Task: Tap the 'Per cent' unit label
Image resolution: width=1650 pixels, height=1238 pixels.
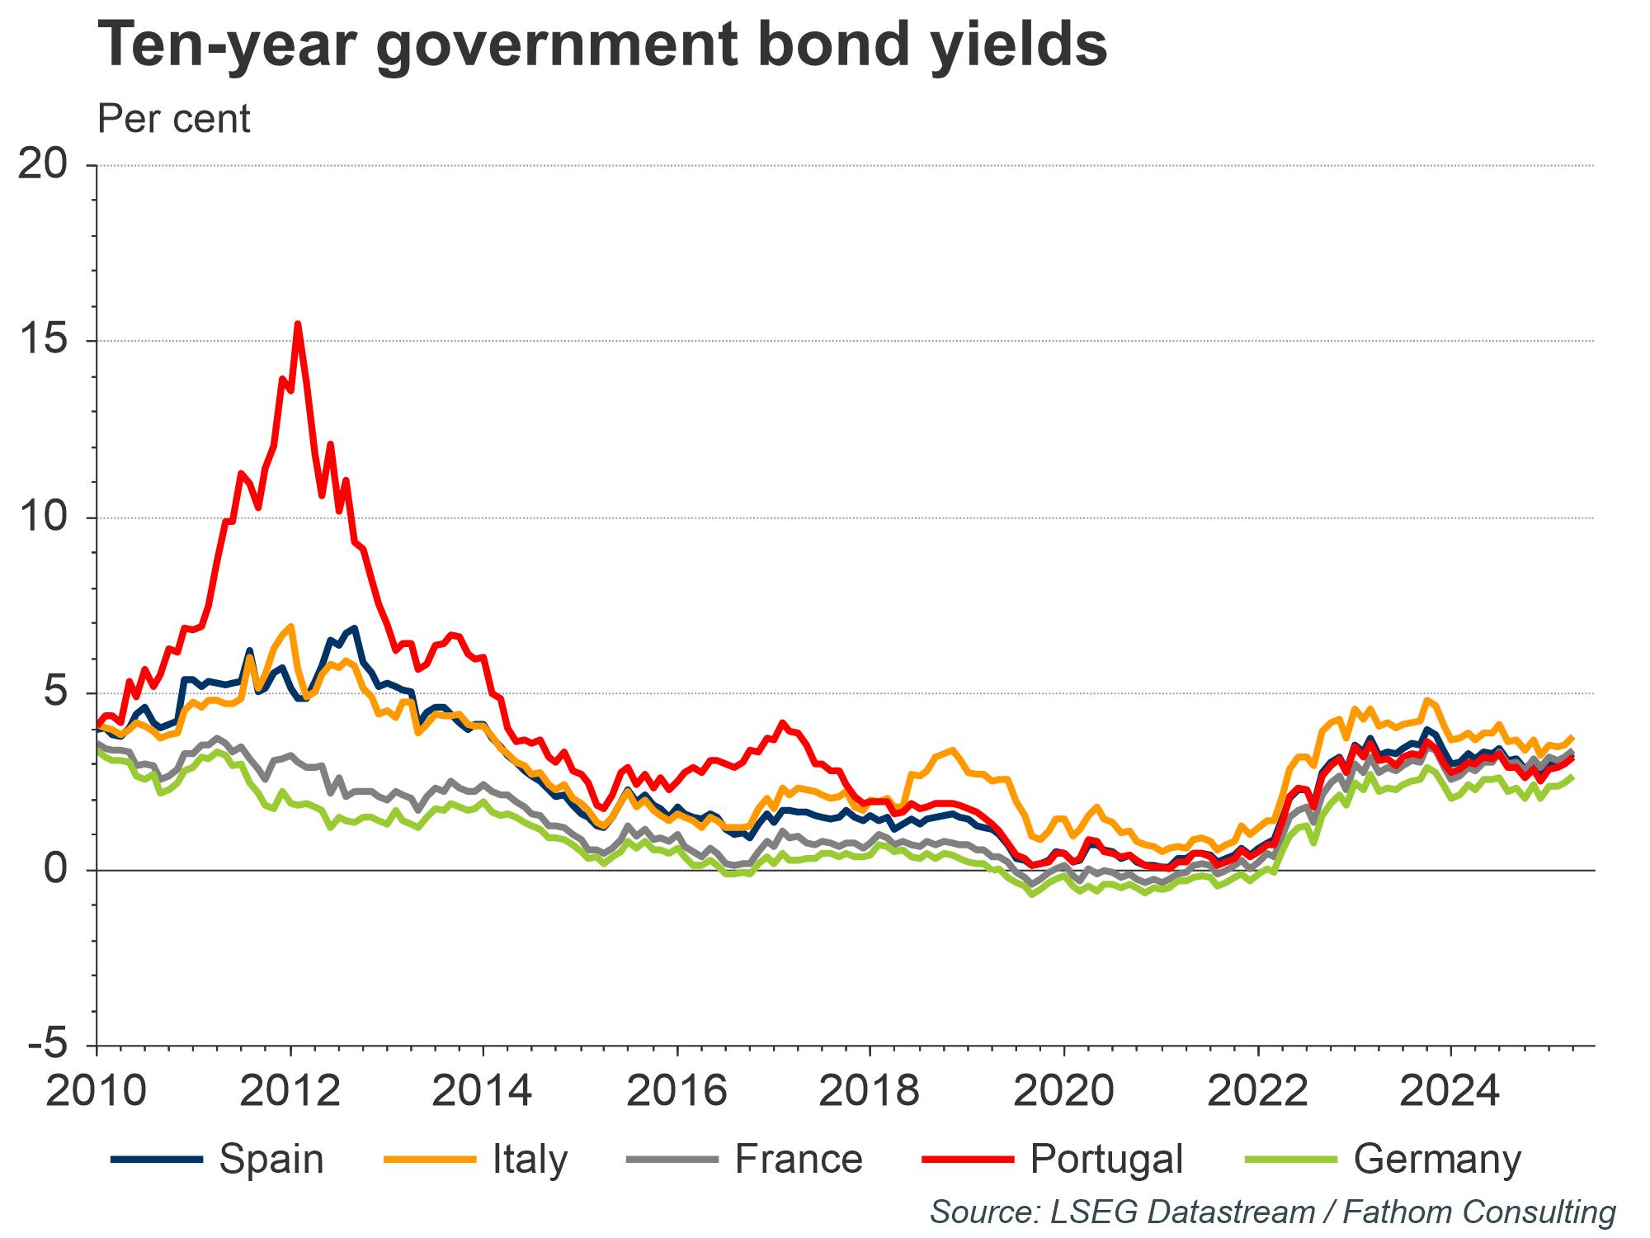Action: coord(173,119)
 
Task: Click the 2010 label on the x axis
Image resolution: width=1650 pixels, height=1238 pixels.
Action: coord(97,1091)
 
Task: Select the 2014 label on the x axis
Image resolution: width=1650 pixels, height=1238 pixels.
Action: coord(483,1091)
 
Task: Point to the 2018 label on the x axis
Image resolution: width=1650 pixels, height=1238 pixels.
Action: coord(870,1091)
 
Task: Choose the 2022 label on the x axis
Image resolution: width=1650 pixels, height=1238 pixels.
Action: coord(1257,1091)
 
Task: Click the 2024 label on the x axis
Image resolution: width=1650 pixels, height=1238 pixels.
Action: coord(1450,1091)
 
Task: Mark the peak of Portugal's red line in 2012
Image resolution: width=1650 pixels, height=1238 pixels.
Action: coord(298,324)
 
